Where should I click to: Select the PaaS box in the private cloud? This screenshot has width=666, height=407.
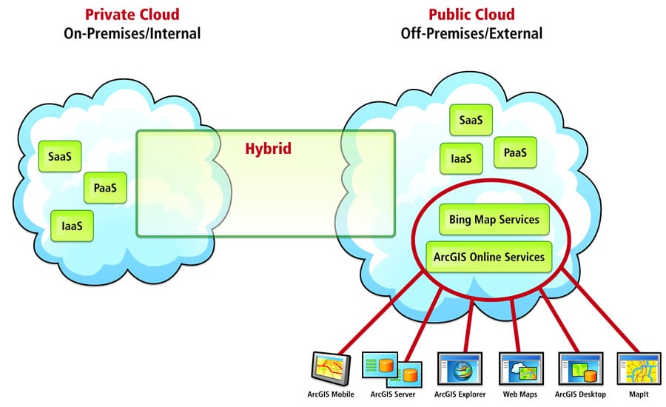[105, 188]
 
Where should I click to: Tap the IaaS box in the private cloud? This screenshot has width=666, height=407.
[73, 226]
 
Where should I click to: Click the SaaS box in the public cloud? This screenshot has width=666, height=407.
[471, 120]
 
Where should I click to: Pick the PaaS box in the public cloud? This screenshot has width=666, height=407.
[514, 152]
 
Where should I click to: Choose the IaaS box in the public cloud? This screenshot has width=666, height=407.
[462, 157]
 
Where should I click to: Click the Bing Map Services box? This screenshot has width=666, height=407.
[494, 220]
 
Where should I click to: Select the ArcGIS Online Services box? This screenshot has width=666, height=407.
[489, 257]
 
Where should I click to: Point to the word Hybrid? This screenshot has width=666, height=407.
[268, 149]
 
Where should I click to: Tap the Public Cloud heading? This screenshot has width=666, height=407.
[471, 15]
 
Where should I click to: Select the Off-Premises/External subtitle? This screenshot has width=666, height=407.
[471, 33]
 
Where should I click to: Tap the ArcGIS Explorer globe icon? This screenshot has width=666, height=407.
[460, 367]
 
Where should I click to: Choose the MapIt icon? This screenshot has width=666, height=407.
[639, 367]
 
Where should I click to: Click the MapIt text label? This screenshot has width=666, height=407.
[639, 396]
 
